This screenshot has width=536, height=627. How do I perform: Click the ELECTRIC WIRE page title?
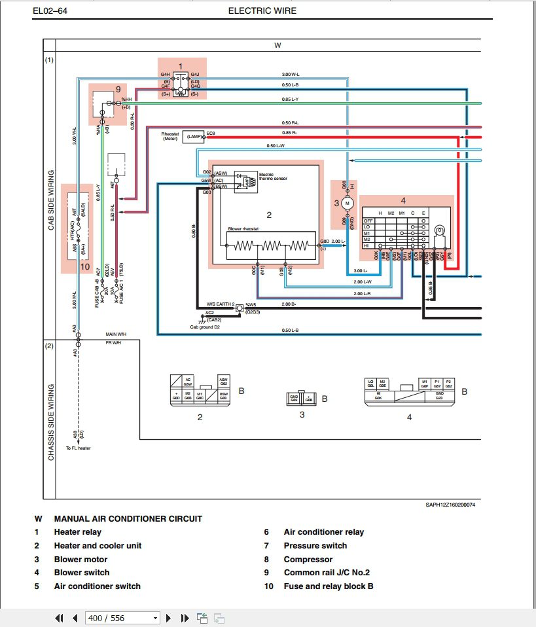tap(262, 10)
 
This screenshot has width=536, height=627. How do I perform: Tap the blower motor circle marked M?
tap(348, 204)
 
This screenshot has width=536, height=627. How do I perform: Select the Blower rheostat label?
tap(245, 228)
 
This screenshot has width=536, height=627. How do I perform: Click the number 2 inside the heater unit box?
tap(268, 214)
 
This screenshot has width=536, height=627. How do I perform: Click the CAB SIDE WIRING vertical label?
tap(51, 199)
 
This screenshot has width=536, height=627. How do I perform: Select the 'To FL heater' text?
tap(78, 448)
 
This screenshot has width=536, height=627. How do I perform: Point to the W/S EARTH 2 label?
tap(221, 304)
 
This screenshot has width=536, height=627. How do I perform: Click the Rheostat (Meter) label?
tap(170, 135)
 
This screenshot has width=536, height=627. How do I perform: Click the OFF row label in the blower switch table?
tap(368, 221)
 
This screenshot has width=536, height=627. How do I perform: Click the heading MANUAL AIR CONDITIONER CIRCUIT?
tap(128, 518)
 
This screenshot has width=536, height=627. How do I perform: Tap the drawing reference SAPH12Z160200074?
tap(450, 504)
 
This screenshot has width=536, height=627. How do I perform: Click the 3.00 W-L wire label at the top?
tap(291, 74)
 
